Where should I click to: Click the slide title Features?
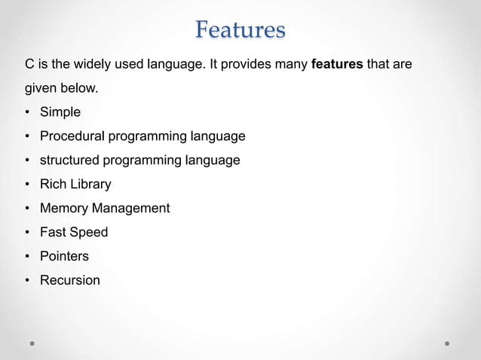click(240, 30)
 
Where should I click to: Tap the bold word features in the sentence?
click(338, 65)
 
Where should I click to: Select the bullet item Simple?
click(60, 112)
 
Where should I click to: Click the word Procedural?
click(72, 136)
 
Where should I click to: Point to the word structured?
click(72, 160)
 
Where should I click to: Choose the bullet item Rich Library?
click(75, 184)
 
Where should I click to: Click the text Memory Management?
click(105, 208)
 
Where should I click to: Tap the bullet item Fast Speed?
click(74, 232)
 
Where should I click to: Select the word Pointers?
click(64, 256)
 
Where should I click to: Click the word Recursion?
click(69, 280)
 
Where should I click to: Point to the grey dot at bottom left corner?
click(33, 343)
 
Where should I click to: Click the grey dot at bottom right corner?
click(447, 343)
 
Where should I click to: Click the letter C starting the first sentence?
click(30, 65)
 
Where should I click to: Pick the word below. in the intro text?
click(80, 89)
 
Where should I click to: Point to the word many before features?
click(292, 65)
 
